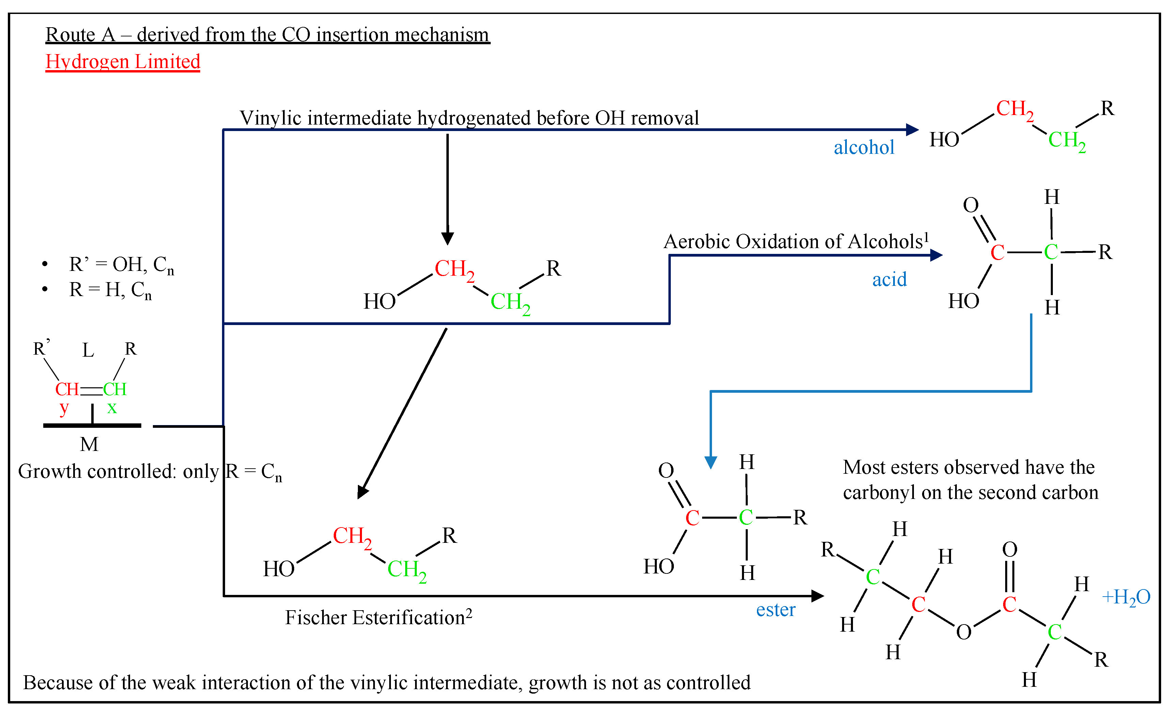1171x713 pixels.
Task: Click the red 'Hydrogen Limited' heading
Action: point(123,62)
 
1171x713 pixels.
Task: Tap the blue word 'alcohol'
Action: point(864,147)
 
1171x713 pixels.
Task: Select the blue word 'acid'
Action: point(889,279)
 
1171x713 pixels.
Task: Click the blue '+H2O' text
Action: point(1126,597)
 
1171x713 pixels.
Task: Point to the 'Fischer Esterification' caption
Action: point(378,617)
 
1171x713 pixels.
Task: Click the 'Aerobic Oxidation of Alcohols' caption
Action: point(795,241)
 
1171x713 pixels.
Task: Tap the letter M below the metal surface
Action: point(89,444)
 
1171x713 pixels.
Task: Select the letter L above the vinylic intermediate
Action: point(88,351)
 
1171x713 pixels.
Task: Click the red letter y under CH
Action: point(64,408)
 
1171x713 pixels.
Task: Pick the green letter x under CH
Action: point(112,408)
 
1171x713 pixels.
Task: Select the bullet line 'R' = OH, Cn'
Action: point(122,264)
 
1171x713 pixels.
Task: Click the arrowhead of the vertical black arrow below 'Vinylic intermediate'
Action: point(447,239)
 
